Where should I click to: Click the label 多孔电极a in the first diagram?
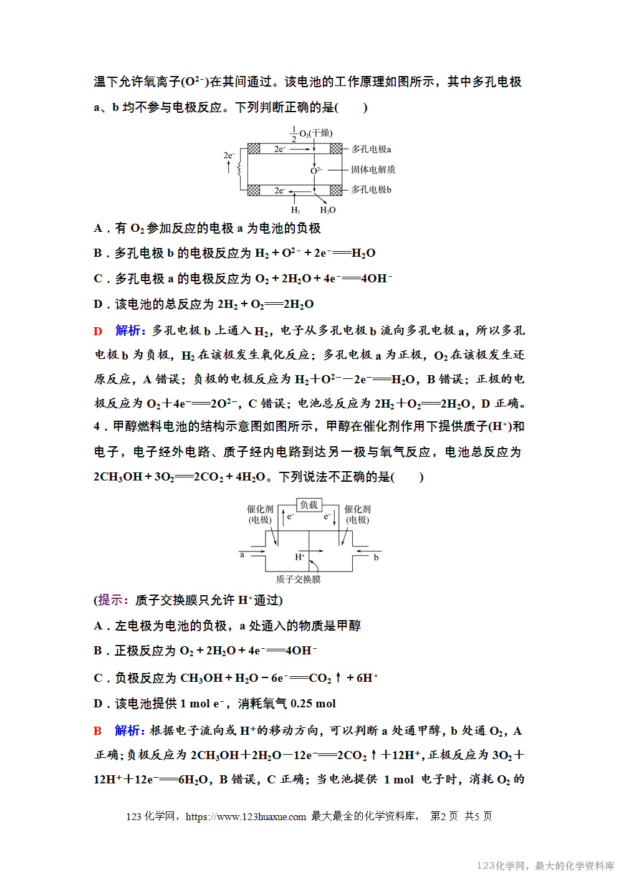pyautogui.click(x=371, y=150)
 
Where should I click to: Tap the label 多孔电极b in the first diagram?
pyautogui.click(x=371, y=189)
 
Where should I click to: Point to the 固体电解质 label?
pyautogui.click(x=373, y=170)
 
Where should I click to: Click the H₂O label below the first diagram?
pyautogui.click(x=328, y=211)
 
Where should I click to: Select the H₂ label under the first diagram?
pyautogui.click(x=295, y=211)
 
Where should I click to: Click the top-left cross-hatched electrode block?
pyautogui.click(x=254, y=148)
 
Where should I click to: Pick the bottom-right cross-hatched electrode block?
pyautogui.click(x=336, y=190)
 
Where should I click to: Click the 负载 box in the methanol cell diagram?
pyautogui.click(x=309, y=505)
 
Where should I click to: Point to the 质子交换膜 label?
pyautogui.click(x=298, y=580)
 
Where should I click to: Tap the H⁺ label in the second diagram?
pyautogui.click(x=300, y=557)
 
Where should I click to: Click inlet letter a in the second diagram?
pyautogui.click(x=242, y=555)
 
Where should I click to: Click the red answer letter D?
pyautogui.click(x=98, y=331)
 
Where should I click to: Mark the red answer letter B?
pyautogui.click(x=98, y=731)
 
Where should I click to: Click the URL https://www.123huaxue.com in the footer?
pyautogui.click(x=246, y=816)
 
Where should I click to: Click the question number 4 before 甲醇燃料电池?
pyautogui.click(x=97, y=427)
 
